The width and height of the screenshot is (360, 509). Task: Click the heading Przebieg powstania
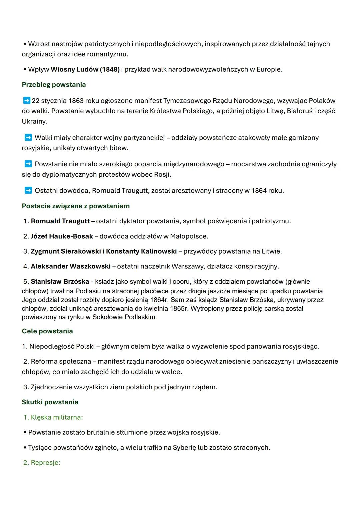pyautogui.click(x=54, y=85)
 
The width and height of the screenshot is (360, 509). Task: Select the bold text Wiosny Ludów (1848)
pyautogui.click(x=85, y=69)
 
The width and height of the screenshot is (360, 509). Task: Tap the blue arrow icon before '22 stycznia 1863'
pyautogui.click(x=27, y=100)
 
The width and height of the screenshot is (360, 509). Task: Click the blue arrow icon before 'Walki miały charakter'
pyautogui.click(x=28, y=137)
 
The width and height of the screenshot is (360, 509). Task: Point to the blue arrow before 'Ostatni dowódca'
pyautogui.click(x=28, y=190)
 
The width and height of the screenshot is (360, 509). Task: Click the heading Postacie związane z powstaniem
pyautogui.click(x=76, y=206)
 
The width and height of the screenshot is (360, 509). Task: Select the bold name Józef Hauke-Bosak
pyautogui.click(x=62, y=236)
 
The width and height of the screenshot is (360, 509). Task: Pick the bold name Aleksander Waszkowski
pyautogui.click(x=71, y=266)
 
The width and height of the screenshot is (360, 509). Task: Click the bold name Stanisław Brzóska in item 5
pyautogui.click(x=60, y=282)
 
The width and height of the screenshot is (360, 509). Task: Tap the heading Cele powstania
pyautogui.click(x=47, y=331)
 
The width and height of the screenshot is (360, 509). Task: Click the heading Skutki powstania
pyautogui.click(x=50, y=402)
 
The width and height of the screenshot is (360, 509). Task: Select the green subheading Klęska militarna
pyautogui.click(x=57, y=417)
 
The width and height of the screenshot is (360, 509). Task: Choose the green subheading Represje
pyautogui.click(x=45, y=463)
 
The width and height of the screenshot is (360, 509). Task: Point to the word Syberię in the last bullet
pyautogui.click(x=184, y=448)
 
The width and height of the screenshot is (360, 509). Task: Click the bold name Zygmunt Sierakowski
pyautogui.click(x=66, y=251)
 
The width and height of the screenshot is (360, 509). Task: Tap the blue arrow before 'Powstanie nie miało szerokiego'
pyautogui.click(x=28, y=164)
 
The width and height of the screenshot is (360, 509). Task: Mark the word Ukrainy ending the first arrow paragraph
pyautogui.click(x=34, y=121)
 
